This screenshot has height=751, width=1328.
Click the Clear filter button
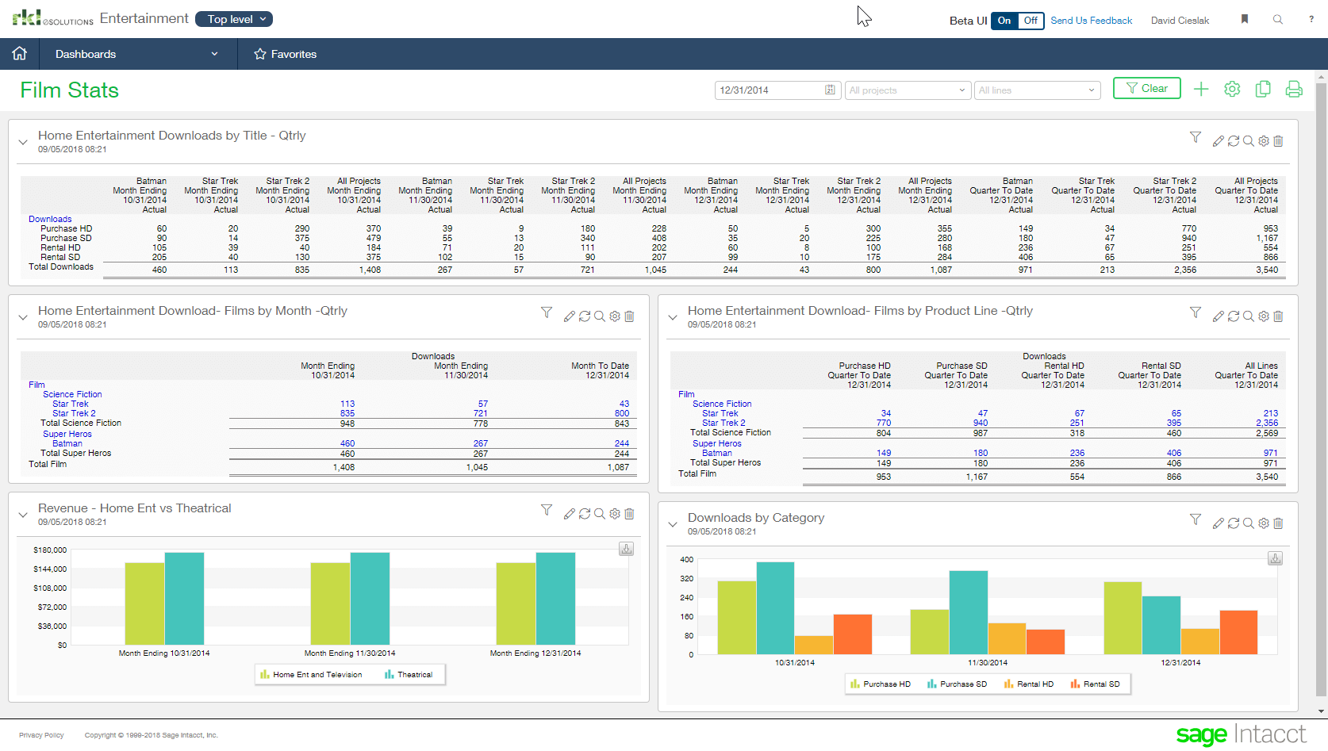(x=1146, y=89)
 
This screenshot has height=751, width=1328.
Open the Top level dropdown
(x=234, y=19)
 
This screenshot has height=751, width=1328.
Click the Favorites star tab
(x=285, y=54)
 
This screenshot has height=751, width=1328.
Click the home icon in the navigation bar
(x=19, y=53)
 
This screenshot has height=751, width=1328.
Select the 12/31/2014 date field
(x=770, y=90)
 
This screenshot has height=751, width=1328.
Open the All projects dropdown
(x=908, y=90)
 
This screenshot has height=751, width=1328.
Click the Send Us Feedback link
(x=1091, y=21)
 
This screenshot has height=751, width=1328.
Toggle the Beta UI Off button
(x=1031, y=21)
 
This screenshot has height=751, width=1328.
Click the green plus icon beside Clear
(x=1201, y=90)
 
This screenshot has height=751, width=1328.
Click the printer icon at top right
(x=1294, y=90)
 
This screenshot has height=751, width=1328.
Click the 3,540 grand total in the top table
(x=1267, y=270)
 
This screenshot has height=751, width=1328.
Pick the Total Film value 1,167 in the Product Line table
(x=977, y=477)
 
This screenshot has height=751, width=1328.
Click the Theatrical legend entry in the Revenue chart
(x=409, y=675)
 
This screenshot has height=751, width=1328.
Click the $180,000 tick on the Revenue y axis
(x=50, y=550)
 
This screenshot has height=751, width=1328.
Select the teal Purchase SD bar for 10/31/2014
(x=775, y=607)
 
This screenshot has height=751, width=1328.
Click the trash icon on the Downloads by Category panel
(x=1278, y=523)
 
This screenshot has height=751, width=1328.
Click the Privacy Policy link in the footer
(x=41, y=735)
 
